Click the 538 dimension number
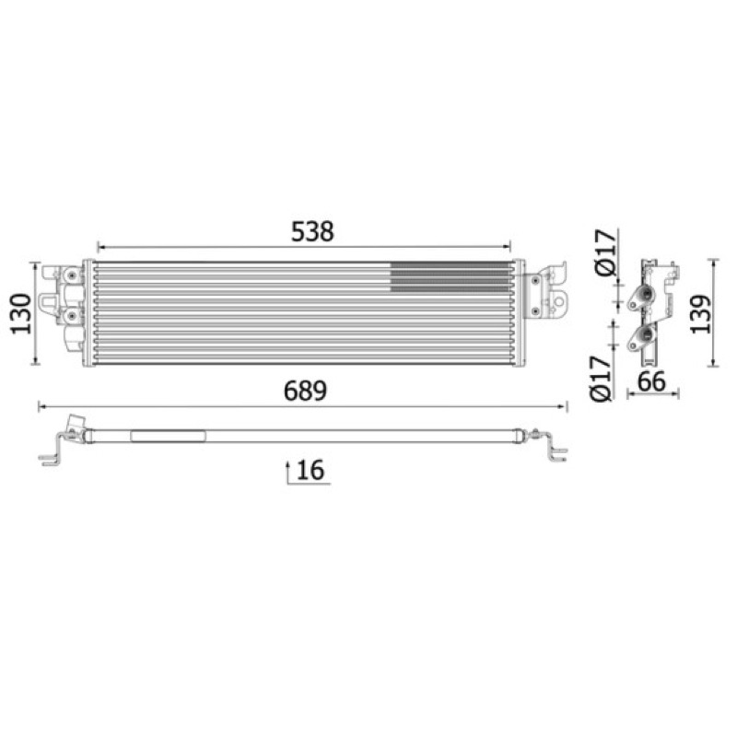click(312, 231)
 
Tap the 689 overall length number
click(305, 391)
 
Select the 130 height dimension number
click(21, 313)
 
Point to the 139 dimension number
click(700, 313)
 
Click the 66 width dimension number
click(651, 381)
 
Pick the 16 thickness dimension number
click(310, 470)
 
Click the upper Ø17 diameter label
click(605, 252)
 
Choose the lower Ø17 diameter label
click(601, 379)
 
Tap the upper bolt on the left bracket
click(71, 275)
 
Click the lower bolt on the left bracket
click(71, 317)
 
